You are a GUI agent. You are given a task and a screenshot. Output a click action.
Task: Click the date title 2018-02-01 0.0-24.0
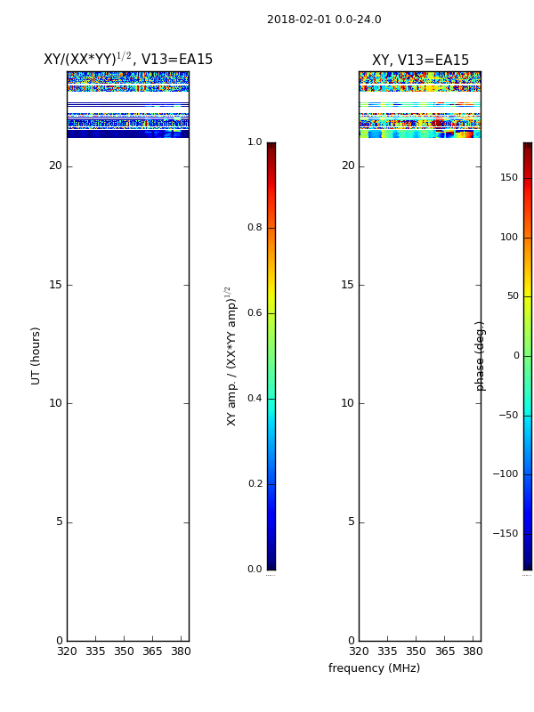point(324,20)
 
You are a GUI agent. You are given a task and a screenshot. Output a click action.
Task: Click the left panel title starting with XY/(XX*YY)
point(128,59)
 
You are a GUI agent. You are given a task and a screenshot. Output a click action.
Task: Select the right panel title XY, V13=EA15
point(420,60)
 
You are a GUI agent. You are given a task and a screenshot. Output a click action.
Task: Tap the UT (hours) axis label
point(36,356)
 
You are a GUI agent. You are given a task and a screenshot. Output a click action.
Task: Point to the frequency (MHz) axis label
point(374,668)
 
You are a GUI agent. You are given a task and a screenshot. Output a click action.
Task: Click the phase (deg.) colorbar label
point(480,356)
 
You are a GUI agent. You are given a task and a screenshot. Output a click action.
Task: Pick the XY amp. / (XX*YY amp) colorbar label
point(231,356)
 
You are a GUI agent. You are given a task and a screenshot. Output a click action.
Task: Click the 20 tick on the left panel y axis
point(55,166)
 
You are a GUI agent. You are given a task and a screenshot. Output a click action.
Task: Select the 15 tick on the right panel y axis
point(347,285)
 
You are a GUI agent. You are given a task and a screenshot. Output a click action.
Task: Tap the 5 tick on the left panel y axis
point(60,522)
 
